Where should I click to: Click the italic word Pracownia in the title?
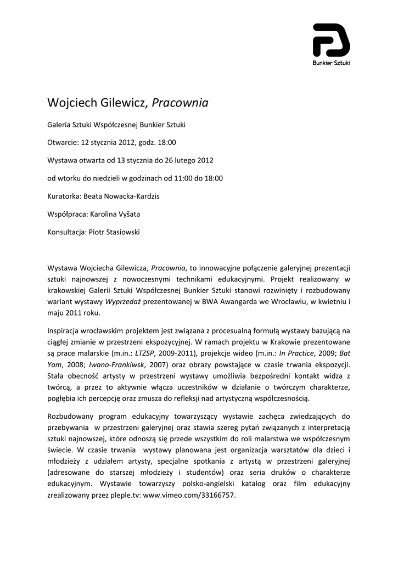180,103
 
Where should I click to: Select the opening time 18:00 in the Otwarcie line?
167,143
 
